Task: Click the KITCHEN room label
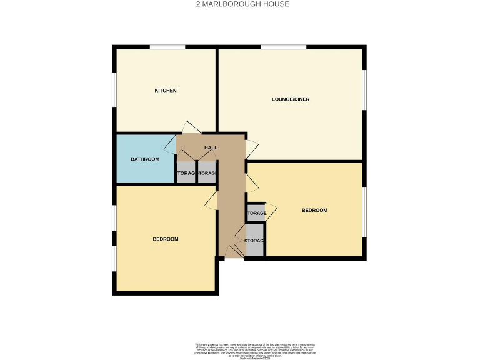coord(166,91)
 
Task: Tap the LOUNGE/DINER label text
coord(291,99)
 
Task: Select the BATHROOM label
coord(145,159)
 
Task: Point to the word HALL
coord(211,147)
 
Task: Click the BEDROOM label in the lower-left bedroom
coord(166,239)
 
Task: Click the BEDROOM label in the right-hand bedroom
coord(314,211)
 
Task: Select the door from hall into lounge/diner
coord(251,149)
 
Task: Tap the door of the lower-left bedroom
coord(211,200)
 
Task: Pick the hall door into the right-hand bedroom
coord(251,183)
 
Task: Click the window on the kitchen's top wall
coord(167,47)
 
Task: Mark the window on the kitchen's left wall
coord(114,91)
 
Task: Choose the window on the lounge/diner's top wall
coord(283,47)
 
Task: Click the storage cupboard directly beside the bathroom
coord(186,172)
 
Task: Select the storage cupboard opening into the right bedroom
coord(256,213)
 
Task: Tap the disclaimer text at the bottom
coord(254,350)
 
